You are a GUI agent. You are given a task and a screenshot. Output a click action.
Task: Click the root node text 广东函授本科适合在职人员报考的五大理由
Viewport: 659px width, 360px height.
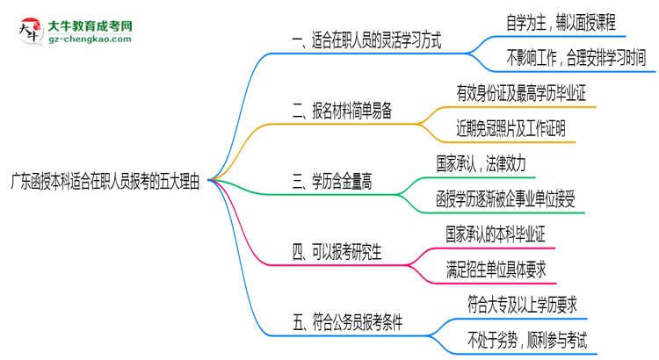(x=105, y=181)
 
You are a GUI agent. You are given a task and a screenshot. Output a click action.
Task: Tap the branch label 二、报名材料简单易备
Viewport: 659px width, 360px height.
(x=342, y=111)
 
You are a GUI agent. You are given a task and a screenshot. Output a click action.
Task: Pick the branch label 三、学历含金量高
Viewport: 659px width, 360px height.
(x=331, y=182)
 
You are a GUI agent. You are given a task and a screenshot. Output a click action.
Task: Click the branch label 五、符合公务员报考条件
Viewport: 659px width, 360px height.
(x=347, y=323)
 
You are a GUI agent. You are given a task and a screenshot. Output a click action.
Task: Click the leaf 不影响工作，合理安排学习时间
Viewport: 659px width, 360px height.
(x=575, y=58)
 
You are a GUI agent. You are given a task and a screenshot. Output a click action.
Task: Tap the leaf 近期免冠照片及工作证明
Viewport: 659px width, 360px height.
(x=516, y=128)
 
